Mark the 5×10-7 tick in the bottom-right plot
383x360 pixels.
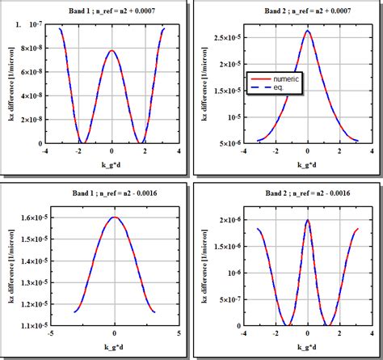[x=225, y=299]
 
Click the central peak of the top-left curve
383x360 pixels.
[x=112, y=51]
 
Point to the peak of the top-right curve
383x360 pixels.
[x=307, y=32]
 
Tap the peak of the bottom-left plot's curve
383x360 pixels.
[x=115, y=217]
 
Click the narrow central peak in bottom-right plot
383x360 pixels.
[x=307, y=220]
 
